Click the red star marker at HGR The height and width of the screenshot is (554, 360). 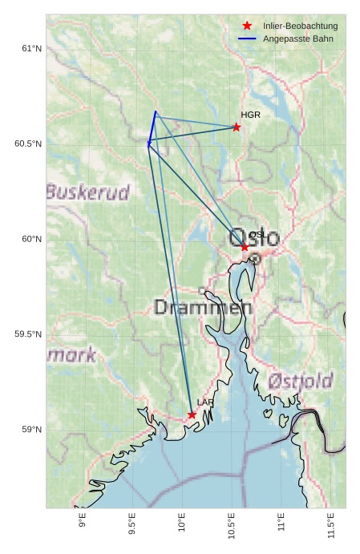click(237, 127)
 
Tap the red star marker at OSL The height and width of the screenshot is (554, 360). click(245, 247)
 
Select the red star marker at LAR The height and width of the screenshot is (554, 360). click(192, 414)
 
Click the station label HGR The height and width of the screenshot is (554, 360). click(250, 115)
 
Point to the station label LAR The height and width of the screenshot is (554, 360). click(205, 402)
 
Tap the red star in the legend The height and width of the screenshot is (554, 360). click(247, 26)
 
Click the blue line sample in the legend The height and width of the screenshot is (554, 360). click(247, 38)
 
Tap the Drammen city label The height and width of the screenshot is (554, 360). click(203, 307)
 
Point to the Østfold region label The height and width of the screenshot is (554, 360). click(301, 381)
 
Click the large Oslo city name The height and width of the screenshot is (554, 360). click(254, 238)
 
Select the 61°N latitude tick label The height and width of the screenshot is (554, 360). click(30, 49)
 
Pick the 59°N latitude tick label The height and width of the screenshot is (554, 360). click(30, 430)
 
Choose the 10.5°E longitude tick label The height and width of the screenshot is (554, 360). click(232, 525)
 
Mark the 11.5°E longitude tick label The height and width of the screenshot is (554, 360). click(331, 525)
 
